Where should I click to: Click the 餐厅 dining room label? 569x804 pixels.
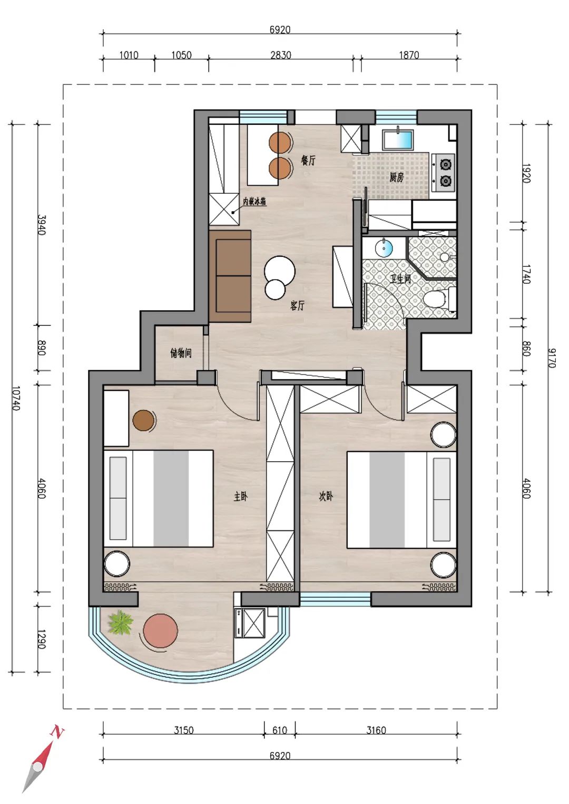308,160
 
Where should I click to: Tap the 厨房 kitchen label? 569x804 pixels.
397,177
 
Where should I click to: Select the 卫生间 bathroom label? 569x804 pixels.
400,279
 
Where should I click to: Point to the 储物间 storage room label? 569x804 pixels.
181,353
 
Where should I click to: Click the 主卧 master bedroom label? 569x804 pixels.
241,497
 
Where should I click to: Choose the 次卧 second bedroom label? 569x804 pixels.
326,496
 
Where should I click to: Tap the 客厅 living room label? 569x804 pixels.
298,306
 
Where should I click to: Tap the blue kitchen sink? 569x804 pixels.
398,140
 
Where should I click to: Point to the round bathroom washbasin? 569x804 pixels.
384,248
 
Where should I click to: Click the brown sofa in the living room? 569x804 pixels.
230,276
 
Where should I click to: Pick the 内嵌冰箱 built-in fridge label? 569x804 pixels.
254,202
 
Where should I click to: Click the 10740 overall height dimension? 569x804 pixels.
16,399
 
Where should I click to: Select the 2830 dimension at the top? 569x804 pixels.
280,55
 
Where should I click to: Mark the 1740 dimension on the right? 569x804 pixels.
526,274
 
